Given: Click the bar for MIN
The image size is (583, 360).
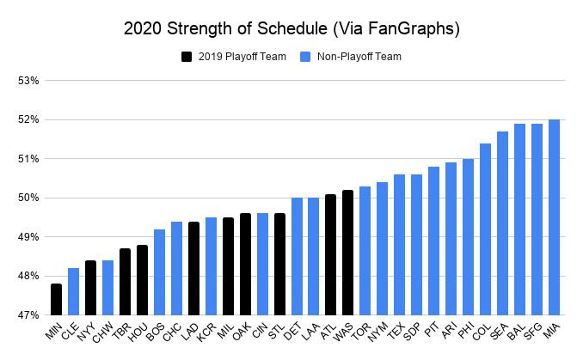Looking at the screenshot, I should [56, 299].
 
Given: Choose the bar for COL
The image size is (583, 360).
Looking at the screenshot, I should [485, 229].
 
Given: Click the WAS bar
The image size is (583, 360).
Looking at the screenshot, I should [347, 253].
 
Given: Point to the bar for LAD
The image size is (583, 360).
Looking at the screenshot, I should [193, 268].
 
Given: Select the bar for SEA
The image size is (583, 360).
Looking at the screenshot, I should [502, 223].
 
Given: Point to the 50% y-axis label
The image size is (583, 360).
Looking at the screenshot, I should [29, 198].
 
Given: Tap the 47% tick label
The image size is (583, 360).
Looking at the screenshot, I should [29, 315].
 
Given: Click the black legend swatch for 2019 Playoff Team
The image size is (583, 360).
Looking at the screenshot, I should [186, 57].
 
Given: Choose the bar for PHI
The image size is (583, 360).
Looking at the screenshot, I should [468, 237].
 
